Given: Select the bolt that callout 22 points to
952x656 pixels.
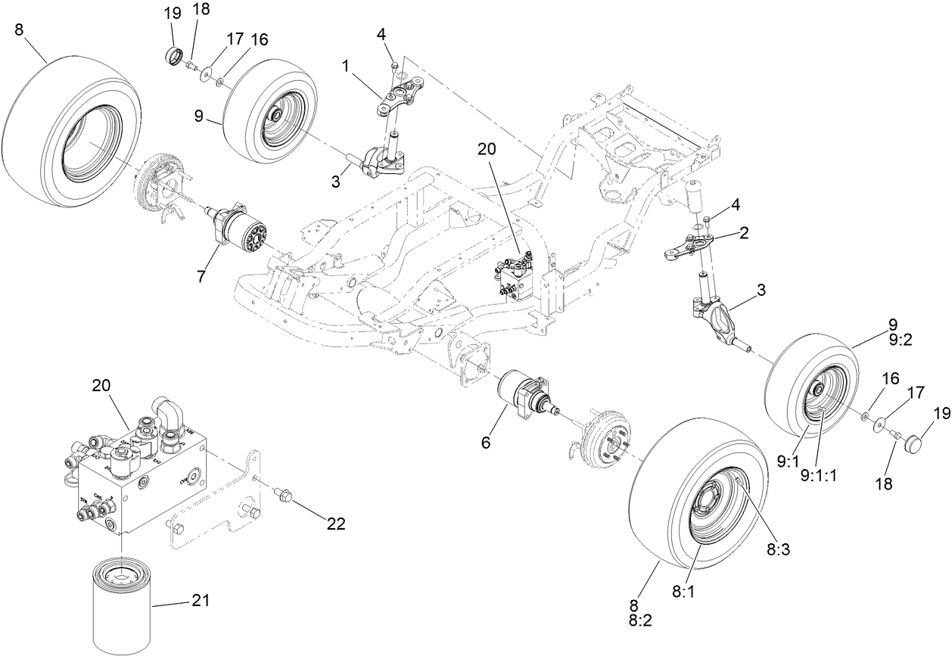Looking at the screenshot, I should pos(284,495).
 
